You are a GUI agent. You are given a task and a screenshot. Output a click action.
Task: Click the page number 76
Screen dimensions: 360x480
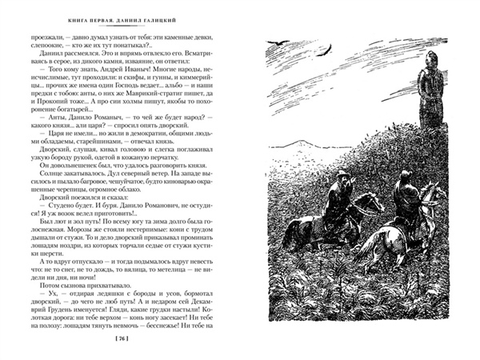(x=122, y=341)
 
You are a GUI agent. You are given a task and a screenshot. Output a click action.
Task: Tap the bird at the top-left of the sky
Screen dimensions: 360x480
(x=279, y=47)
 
